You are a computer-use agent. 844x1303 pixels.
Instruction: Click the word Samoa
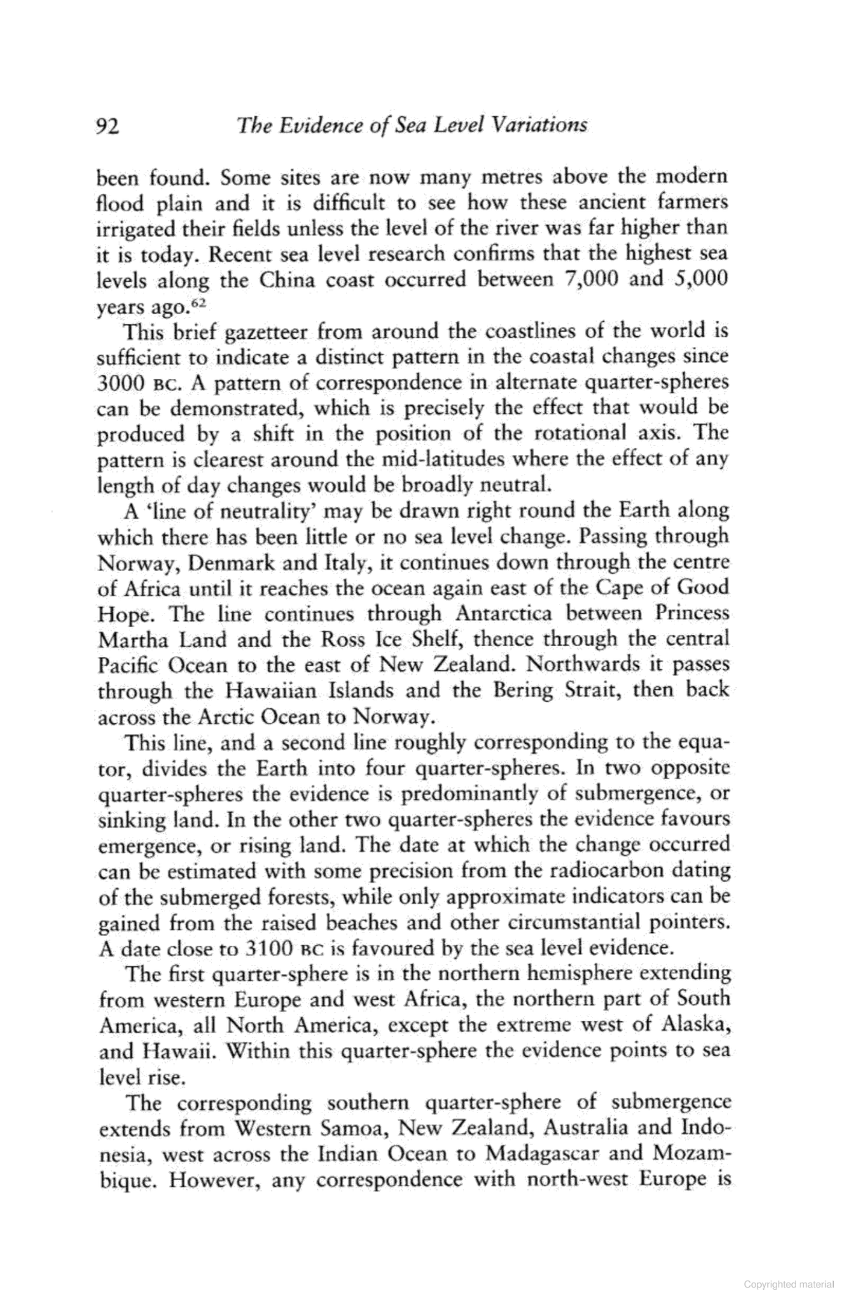pos(356,1129)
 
